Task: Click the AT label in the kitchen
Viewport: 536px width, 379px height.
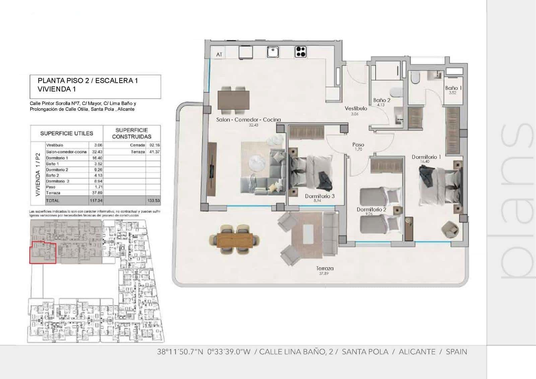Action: click(219, 54)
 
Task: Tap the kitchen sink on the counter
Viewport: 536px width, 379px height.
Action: click(273, 52)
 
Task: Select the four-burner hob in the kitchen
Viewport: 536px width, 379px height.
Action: click(300, 52)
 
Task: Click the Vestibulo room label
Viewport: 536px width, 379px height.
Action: click(356, 109)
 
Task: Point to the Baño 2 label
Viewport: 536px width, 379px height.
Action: click(382, 100)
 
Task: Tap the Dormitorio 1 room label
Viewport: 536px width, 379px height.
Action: click(426, 157)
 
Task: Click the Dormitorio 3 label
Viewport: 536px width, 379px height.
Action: click(319, 196)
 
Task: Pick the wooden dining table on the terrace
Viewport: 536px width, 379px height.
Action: click(235, 241)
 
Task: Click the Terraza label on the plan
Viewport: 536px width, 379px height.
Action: click(325, 268)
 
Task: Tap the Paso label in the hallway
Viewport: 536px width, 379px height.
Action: click(358, 145)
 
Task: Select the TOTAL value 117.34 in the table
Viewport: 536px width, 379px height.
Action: click(96, 201)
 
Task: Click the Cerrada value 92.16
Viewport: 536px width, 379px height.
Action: click(154, 145)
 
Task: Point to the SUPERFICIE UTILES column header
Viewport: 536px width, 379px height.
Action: click(67, 133)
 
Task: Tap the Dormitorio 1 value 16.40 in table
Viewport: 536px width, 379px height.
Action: click(97, 158)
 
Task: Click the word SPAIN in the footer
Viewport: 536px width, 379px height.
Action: click(456, 352)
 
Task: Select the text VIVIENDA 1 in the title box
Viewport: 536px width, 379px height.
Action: click(57, 89)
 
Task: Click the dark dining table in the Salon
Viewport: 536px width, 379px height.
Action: click(233, 100)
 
